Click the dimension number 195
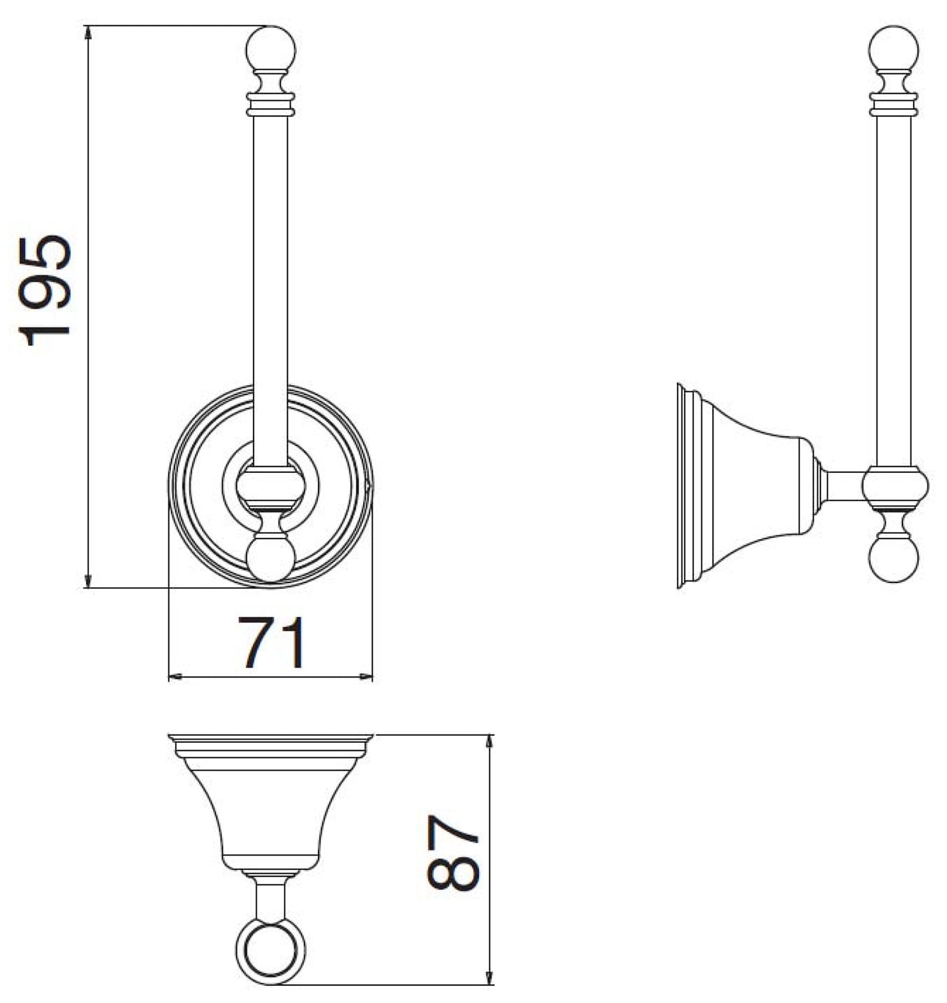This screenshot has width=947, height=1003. pyautogui.click(x=45, y=290)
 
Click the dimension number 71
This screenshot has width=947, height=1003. pyautogui.click(x=271, y=643)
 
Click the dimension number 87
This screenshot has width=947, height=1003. pyautogui.click(x=453, y=852)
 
